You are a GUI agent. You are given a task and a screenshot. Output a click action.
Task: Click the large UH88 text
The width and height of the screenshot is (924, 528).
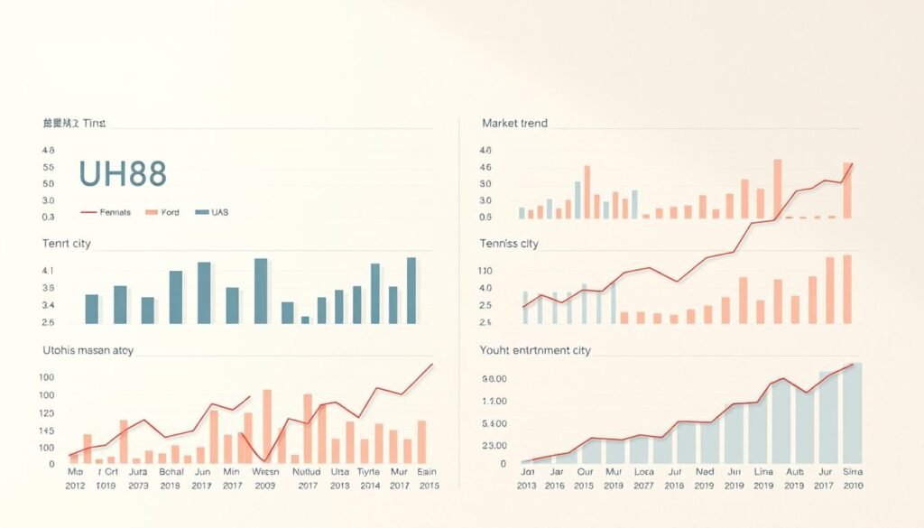(x=122, y=173)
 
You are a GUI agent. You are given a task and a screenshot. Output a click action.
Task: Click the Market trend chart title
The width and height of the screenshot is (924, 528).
(x=514, y=123)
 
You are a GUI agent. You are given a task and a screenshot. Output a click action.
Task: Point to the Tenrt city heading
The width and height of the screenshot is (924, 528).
(x=67, y=244)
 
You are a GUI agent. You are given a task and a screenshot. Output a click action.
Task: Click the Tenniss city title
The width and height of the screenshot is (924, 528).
(x=510, y=244)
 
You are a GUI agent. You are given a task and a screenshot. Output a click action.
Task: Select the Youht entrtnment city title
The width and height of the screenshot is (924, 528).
(x=536, y=350)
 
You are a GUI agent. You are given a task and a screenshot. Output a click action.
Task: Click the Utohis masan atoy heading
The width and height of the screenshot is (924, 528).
(x=88, y=350)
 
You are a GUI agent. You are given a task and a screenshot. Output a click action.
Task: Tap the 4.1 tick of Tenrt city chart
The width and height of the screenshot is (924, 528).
(x=49, y=271)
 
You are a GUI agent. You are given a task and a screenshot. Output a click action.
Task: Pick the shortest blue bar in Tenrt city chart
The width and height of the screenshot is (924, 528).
(x=305, y=320)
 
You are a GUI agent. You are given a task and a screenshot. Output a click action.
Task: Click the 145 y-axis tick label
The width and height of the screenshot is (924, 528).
(x=46, y=447)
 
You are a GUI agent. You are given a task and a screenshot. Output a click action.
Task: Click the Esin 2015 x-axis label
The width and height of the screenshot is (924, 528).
(x=427, y=478)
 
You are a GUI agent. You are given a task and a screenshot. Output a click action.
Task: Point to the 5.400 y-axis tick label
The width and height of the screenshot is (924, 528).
(x=494, y=423)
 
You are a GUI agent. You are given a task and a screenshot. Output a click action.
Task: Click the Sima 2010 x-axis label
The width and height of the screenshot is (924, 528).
(x=851, y=478)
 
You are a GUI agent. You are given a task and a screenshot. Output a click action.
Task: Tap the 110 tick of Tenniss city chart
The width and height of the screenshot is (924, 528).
(x=485, y=271)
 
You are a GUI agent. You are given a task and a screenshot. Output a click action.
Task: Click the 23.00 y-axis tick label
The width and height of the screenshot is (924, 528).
(x=494, y=446)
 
